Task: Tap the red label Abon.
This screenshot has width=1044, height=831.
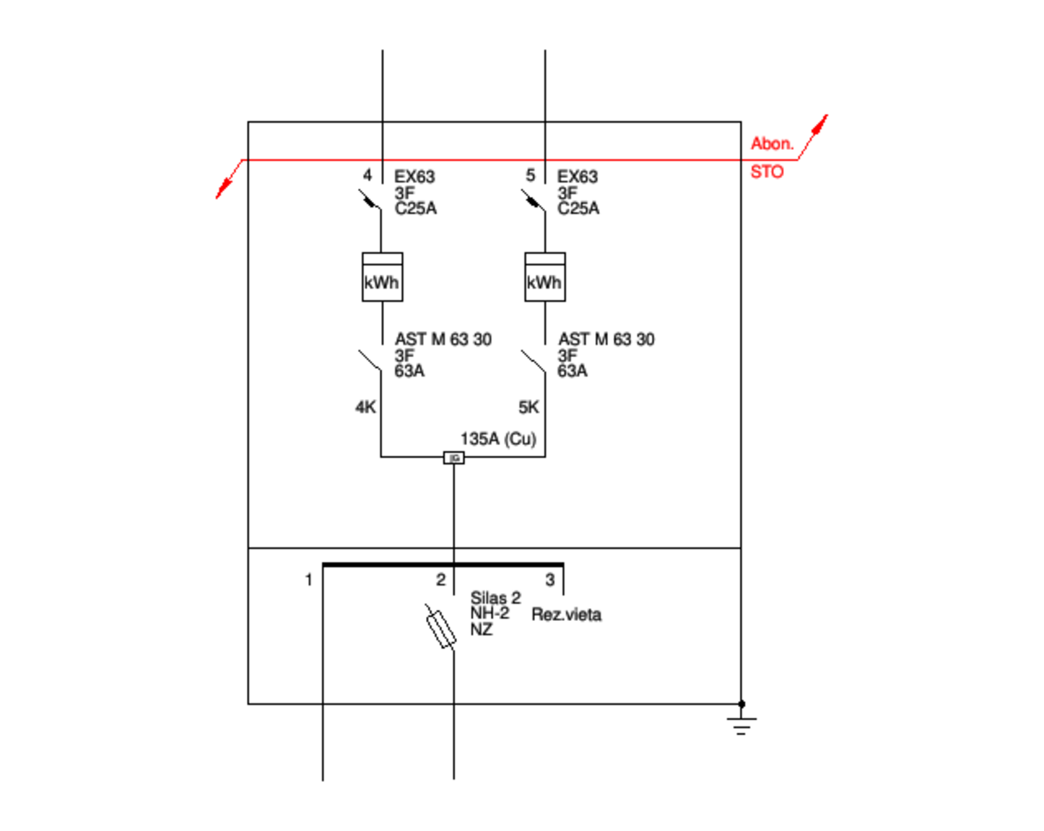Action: pyautogui.click(x=772, y=144)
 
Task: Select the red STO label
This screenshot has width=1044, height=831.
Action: pyautogui.click(x=767, y=172)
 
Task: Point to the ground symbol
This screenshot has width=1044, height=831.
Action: pyautogui.click(x=741, y=724)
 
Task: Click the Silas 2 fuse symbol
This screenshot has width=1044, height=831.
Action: pyautogui.click(x=440, y=628)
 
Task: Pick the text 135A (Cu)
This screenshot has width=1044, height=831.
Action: pyautogui.click(x=498, y=439)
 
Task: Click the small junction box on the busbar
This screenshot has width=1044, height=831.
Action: pyautogui.click(x=453, y=458)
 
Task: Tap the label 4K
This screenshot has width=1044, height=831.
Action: pyautogui.click(x=365, y=408)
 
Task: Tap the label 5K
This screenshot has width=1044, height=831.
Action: pyautogui.click(x=528, y=408)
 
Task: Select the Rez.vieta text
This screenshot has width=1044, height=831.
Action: pyautogui.click(x=566, y=615)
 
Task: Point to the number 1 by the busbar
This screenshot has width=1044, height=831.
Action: pyautogui.click(x=308, y=579)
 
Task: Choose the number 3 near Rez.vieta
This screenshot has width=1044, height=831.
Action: pyautogui.click(x=550, y=579)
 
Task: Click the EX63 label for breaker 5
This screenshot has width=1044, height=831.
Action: pyautogui.click(x=577, y=177)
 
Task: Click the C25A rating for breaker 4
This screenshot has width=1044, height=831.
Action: pyautogui.click(x=415, y=208)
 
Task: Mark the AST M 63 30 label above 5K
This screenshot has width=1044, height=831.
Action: pyautogui.click(x=606, y=339)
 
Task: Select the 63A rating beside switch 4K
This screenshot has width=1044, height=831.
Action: pyautogui.click(x=409, y=371)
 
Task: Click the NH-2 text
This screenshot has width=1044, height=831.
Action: pyautogui.click(x=490, y=613)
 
